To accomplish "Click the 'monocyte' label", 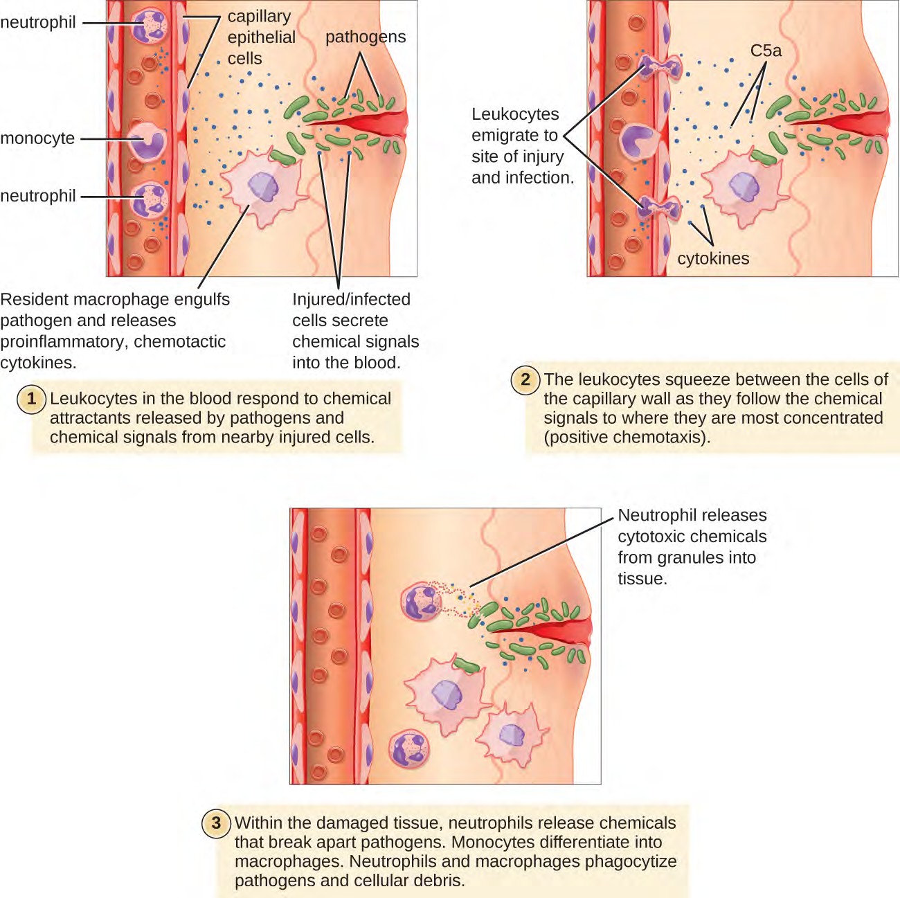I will point(37,138).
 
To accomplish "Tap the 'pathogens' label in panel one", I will point(366,37).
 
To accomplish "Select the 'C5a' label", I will point(766,51).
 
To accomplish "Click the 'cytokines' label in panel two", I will point(713,258).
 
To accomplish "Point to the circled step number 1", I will point(31,399).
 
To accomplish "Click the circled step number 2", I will point(525,379).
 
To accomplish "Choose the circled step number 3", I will point(216,823).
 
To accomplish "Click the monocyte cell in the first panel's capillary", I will point(148,142).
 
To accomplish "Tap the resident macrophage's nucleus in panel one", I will point(263,186).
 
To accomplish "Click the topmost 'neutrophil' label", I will point(38,22).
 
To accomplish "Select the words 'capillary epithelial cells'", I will point(261,37).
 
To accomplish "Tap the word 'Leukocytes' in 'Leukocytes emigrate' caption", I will point(515,114).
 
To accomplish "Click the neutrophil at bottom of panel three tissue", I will point(409,749).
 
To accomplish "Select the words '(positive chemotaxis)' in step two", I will point(627,438).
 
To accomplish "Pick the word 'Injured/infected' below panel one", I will point(351,299).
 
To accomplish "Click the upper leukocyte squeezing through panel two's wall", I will point(660,67).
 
